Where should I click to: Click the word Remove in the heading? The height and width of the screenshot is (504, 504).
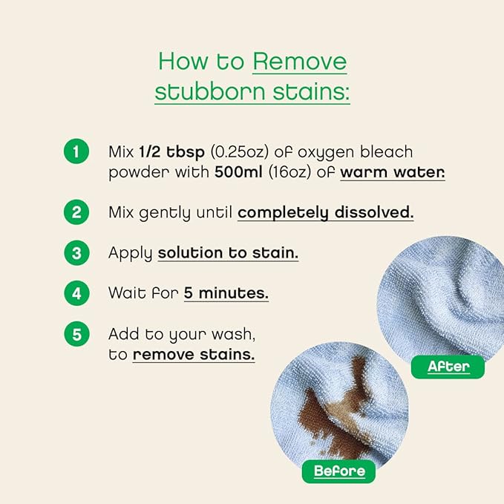299,62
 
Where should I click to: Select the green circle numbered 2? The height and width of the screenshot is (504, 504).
76,212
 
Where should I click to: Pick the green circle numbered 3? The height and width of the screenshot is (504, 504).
76,252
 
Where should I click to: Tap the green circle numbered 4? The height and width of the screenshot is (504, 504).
76,292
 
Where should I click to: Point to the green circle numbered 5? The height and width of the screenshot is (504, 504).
76,333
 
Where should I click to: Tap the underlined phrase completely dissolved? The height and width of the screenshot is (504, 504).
325,212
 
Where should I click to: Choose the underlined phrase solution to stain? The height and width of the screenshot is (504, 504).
228,252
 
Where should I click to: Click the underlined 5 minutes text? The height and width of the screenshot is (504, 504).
226,292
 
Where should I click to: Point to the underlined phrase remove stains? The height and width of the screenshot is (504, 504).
194,354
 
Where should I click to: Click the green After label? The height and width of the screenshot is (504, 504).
448,366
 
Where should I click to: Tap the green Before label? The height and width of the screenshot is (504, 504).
339,471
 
